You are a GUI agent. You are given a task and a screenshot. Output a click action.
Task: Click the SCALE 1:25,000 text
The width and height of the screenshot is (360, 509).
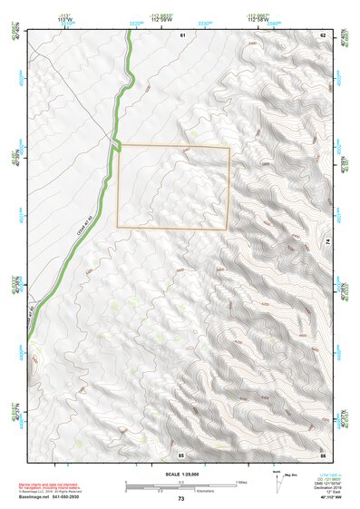pos(180,475)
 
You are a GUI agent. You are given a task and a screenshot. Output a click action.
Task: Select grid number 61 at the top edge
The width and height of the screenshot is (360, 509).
pos(182,34)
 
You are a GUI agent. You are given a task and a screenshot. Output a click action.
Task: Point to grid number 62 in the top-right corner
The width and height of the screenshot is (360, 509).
pos(323,34)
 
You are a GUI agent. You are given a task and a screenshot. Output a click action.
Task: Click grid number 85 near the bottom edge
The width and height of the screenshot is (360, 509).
pos(181,453)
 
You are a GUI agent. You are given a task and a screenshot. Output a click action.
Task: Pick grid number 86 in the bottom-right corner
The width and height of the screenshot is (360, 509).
pos(323,453)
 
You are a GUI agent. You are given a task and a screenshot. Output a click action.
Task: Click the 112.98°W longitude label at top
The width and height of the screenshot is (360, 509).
pos(163,20)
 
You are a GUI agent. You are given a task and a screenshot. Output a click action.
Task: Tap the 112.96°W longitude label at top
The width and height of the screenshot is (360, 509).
pos(263,20)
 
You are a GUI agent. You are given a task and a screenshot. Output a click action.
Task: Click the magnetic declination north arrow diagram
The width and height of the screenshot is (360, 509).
pos(278,483)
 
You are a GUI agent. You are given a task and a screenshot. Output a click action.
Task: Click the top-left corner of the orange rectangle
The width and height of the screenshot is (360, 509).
pos(119,145)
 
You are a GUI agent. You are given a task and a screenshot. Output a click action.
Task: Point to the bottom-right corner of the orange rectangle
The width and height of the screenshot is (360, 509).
pos(229,228)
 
